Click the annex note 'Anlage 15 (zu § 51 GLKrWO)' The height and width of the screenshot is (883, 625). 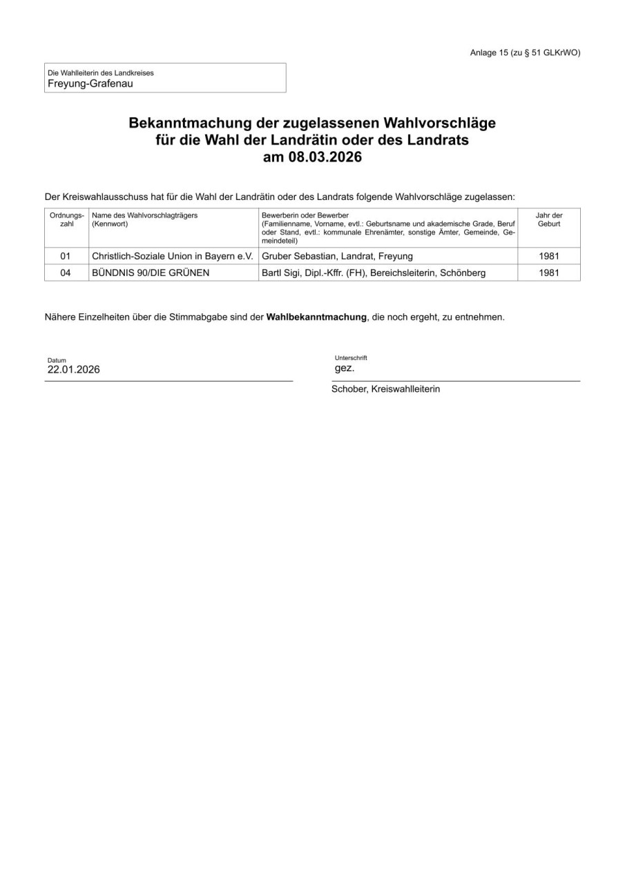click(x=525, y=52)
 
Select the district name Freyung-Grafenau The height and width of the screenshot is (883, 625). click(x=90, y=83)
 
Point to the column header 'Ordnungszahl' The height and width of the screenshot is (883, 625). click(x=66, y=219)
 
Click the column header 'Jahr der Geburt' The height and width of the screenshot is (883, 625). click(x=548, y=219)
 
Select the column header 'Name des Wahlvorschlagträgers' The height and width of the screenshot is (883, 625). click(x=144, y=215)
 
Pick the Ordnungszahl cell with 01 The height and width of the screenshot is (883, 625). click(x=66, y=256)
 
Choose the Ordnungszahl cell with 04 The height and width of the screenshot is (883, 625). click(x=66, y=272)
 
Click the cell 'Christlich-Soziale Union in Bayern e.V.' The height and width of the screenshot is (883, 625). click(x=173, y=256)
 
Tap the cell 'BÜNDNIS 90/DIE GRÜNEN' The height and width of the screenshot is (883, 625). click(x=151, y=272)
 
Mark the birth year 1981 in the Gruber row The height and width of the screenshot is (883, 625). click(x=548, y=256)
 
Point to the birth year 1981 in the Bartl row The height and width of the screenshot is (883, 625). click(x=548, y=272)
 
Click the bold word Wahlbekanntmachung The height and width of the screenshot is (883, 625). click(x=316, y=317)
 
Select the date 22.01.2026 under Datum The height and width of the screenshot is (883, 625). click(x=73, y=369)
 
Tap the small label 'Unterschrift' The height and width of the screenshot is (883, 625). click(x=351, y=358)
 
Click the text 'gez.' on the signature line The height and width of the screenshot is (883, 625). click(x=344, y=368)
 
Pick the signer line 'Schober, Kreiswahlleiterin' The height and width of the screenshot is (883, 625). click(x=385, y=389)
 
